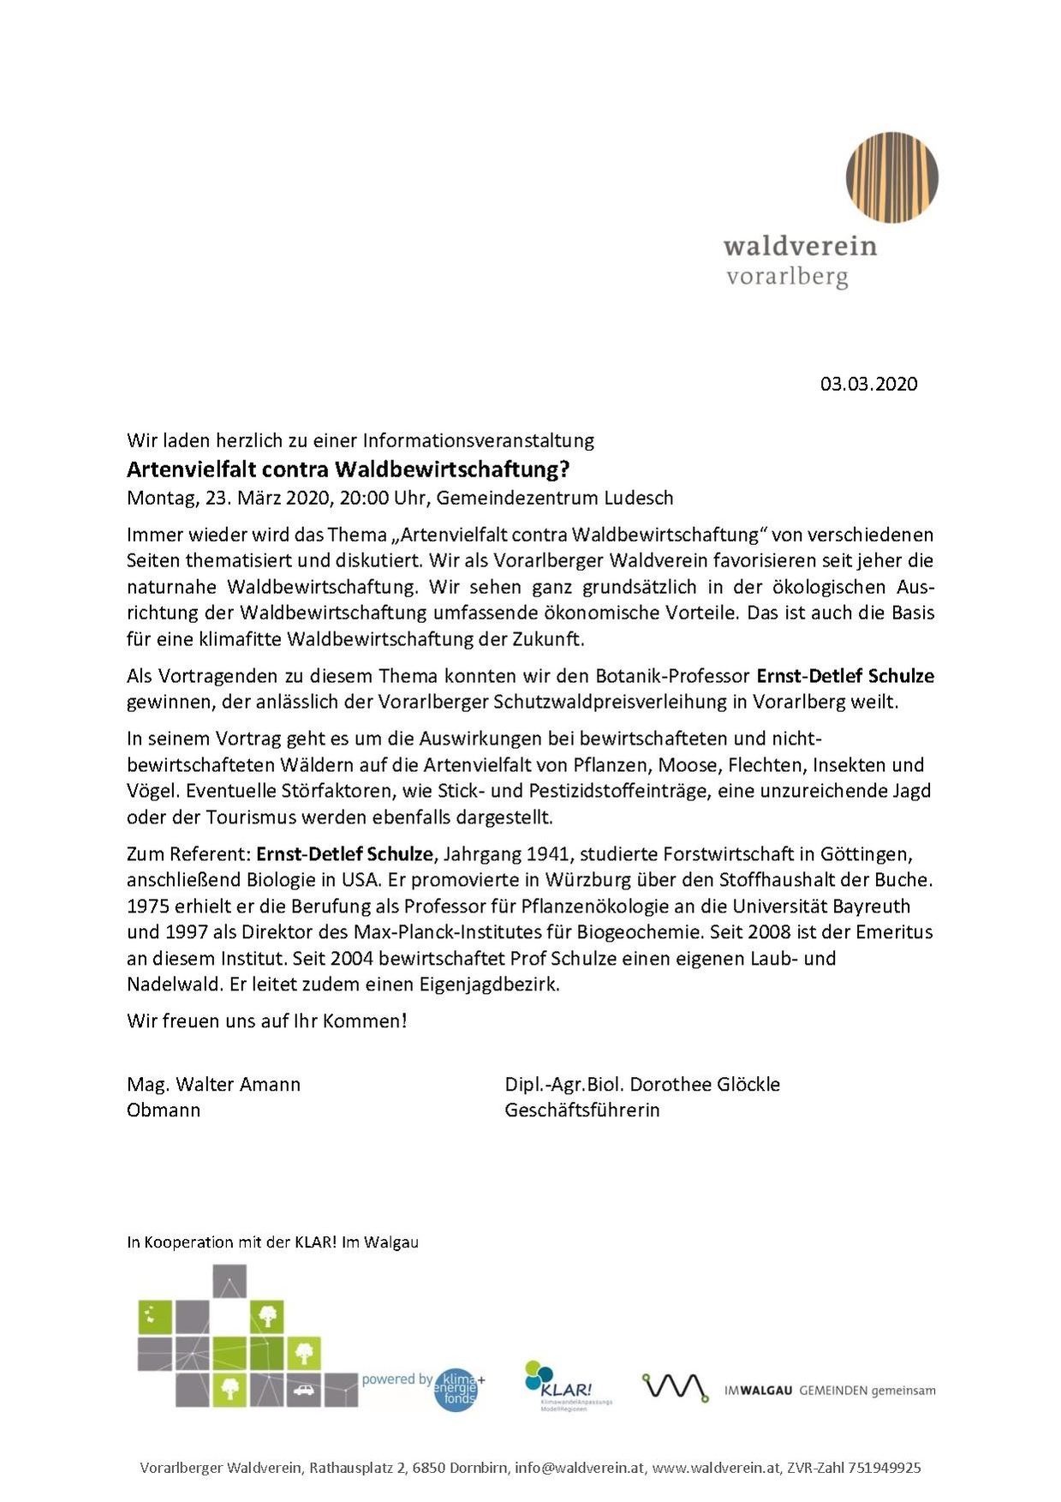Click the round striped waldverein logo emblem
(891, 177)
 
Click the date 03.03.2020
(868, 384)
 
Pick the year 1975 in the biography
(148, 907)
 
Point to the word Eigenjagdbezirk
(488, 984)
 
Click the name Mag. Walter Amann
(213, 1085)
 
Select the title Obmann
(163, 1110)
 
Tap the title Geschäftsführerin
(581, 1110)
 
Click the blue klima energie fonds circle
(456, 1389)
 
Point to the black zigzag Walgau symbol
(675, 1387)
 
